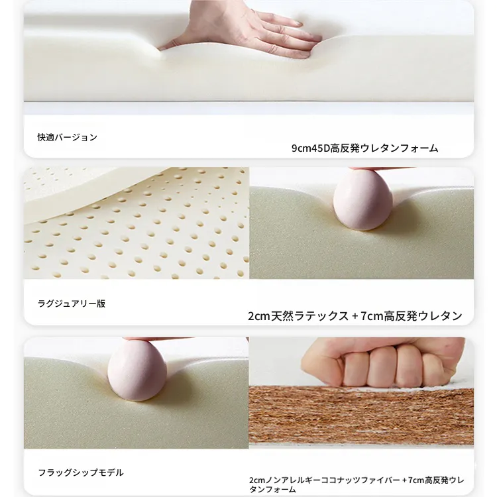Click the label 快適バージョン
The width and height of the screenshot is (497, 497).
click(67, 137)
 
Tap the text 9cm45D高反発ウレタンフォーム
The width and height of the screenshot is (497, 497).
click(365, 148)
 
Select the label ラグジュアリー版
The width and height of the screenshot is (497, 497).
click(72, 304)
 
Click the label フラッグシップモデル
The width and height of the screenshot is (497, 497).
click(81, 472)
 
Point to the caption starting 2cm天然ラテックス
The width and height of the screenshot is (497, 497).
click(355, 316)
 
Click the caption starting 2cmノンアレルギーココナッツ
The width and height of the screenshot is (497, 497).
click(357, 484)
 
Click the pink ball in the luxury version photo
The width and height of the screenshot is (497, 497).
click(363, 200)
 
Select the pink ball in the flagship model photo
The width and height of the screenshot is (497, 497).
click(137, 370)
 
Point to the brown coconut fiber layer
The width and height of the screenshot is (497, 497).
click(361, 416)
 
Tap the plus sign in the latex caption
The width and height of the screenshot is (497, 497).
click(355, 316)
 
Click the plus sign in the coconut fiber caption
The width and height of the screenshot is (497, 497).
click(404, 480)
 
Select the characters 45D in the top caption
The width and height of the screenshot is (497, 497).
click(321, 148)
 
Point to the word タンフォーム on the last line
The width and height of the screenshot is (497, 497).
click(272, 490)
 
